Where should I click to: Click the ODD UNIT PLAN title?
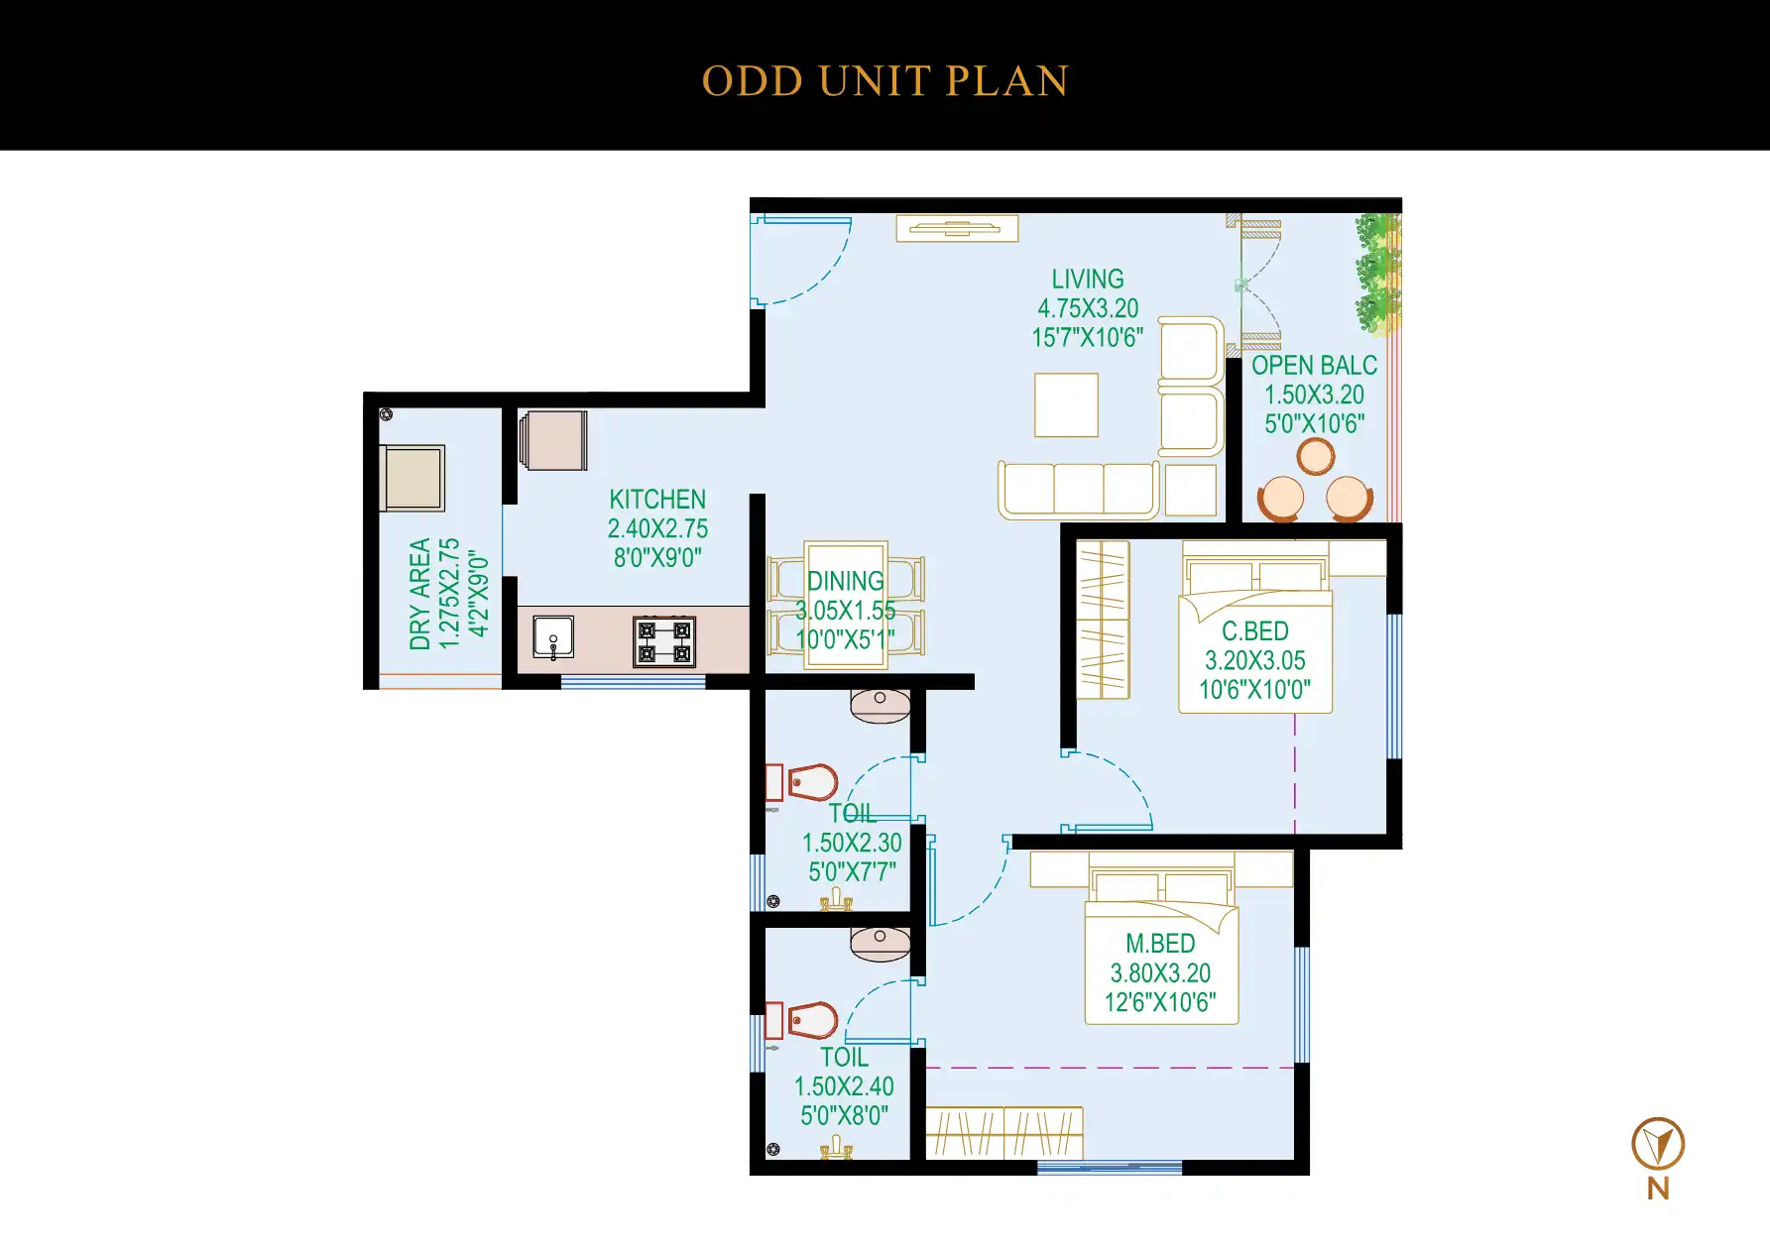coord(885,81)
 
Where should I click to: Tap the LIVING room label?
coord(1088,280)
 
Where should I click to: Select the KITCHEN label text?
coord(657,500)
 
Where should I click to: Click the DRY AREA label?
coord(420,594)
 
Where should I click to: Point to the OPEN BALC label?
coord(1314,366)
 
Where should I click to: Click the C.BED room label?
coord(1255,631)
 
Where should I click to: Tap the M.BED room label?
coord(1160,944)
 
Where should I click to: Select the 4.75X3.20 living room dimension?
coord(1088,308)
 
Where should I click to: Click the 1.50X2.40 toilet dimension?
coord(844,1086)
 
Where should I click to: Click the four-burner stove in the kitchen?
coord(664,641)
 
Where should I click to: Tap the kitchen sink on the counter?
coord(553,637)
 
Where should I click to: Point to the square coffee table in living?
coord(1066,404)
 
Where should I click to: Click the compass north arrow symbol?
coord(1658,1144)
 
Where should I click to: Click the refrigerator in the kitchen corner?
coord(554,440)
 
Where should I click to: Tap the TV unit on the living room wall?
coord(957,229)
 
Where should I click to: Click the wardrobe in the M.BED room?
coord(1003,1133)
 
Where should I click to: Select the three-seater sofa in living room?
coord(1078,490)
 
